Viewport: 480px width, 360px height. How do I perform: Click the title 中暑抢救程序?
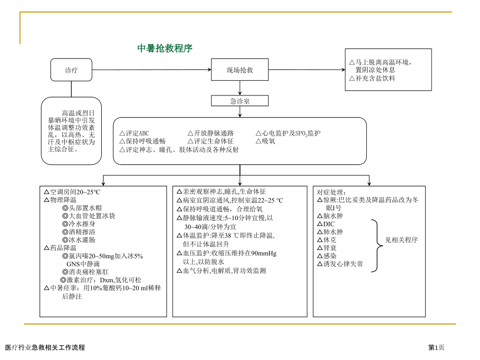tap(165, 49)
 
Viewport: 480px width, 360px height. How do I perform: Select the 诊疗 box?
tap(71, 70)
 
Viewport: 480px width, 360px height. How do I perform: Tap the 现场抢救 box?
tap(239, 70)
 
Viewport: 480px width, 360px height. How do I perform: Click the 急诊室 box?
tap(240, 101)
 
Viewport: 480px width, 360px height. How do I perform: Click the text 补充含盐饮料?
tap(375, 78)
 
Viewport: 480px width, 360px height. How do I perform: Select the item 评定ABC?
tap(134, 134)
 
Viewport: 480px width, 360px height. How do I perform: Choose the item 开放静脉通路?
tap(210, 134)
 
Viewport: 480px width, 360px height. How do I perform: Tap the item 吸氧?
tap(266, 141)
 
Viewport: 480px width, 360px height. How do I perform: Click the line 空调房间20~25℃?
tap(72, 192)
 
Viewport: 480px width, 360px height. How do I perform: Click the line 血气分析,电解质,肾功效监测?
tap(221, 271)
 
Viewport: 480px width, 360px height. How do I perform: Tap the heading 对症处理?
tap(331, 192)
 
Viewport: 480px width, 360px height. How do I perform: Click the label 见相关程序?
tap(401, 240)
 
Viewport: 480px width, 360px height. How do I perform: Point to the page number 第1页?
tap(437, 347)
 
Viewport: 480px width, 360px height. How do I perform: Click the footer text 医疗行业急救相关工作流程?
tap(44, 347)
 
